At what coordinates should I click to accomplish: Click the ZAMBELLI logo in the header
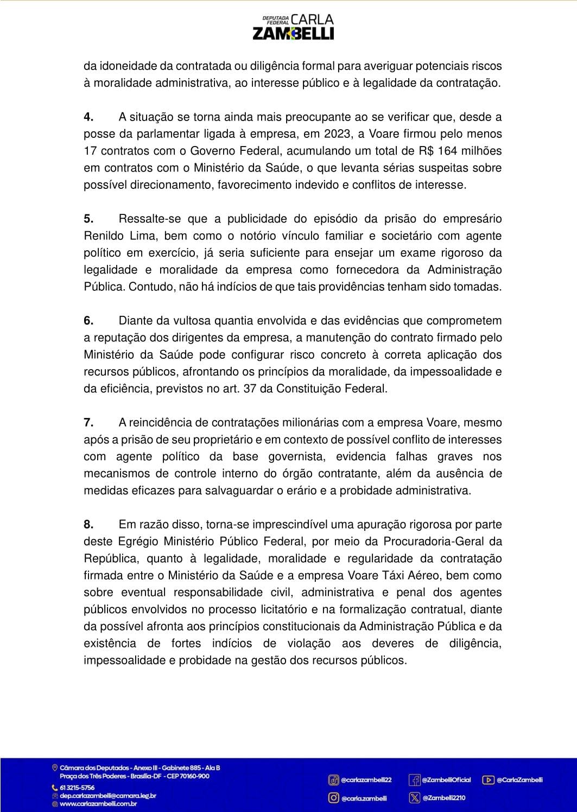coord(293,27)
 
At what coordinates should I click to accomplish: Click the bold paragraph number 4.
coord(89,117)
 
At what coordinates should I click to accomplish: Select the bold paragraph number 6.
coord(89,321)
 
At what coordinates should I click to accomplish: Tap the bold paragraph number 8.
coord(89,525)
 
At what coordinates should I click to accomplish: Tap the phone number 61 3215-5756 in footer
coord(77,788)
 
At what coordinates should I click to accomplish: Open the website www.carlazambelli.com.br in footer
coord(98,804)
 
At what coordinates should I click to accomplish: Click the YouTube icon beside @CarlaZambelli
coord(488,780)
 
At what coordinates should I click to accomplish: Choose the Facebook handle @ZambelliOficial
coord(446,780)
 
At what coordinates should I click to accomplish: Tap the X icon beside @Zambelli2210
coord(414,798)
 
